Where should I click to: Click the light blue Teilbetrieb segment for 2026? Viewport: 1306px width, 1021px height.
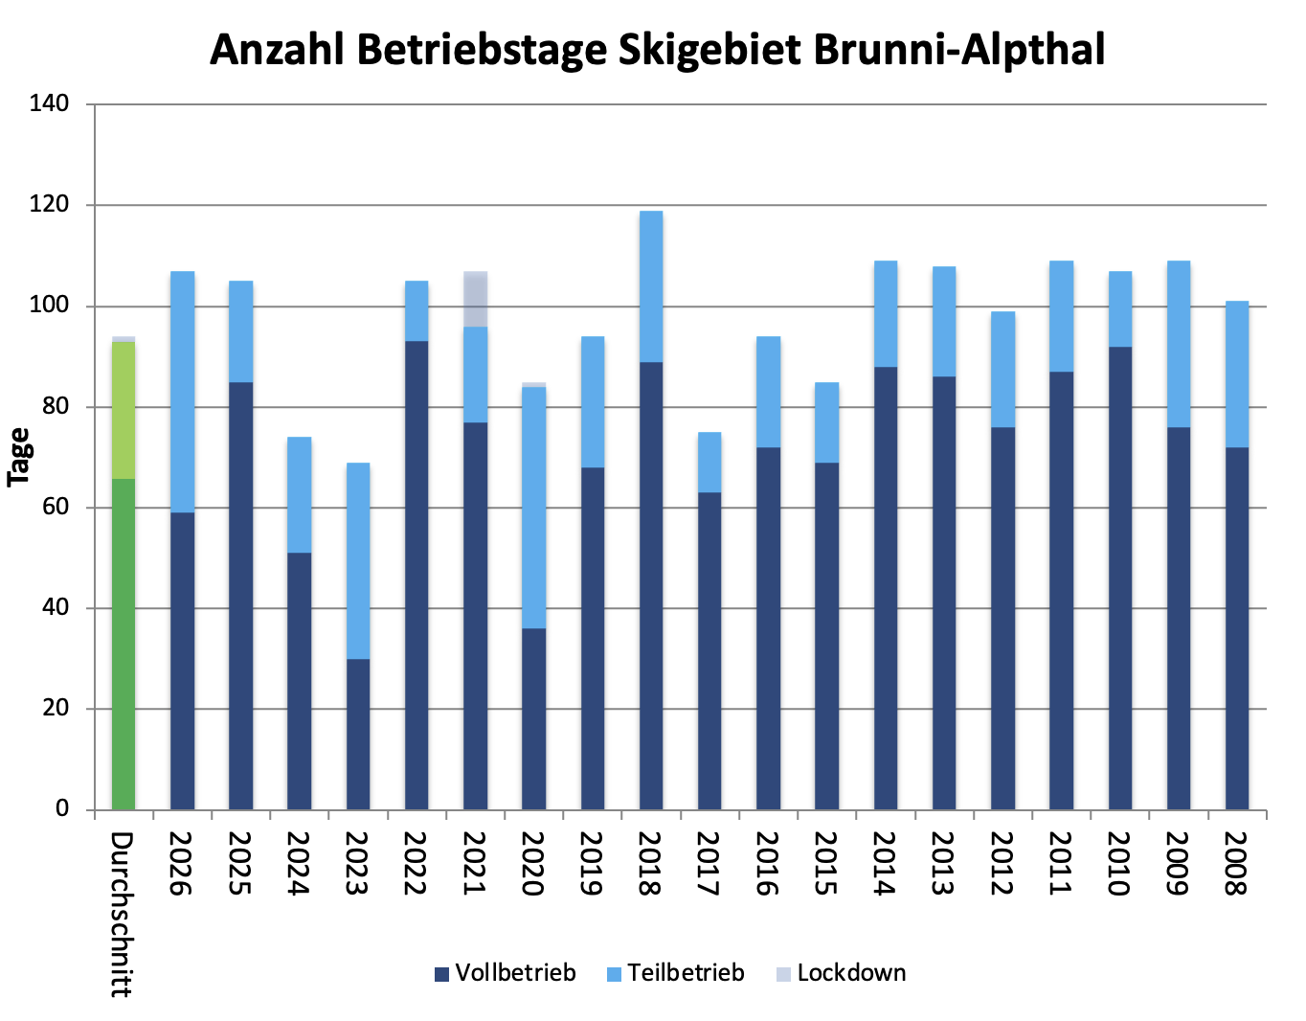[x=182, y=392]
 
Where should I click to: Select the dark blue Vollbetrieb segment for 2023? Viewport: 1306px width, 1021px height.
[x=358, y=734]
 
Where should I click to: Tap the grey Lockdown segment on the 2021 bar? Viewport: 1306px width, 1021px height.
[x=476, y=299]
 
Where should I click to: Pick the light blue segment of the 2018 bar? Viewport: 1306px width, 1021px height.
[x=651, y=286]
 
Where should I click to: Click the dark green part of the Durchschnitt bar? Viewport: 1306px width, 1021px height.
[x=124, y=644]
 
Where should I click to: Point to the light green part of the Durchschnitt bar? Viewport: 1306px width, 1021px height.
[x=124, y=410]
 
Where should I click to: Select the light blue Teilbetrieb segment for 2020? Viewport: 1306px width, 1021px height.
[x=534, y=508]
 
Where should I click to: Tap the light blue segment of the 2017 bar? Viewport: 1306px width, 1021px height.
[x=709, y=462]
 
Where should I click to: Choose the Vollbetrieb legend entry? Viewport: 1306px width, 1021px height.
[x=506, y=973]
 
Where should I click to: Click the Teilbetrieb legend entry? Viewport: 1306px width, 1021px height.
[x=676, y=973]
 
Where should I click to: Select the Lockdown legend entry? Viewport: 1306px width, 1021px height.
[x=840, y=973]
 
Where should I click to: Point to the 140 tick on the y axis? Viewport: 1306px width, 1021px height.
[x=49, y=103]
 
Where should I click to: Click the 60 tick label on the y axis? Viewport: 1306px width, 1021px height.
[x=56, y=507]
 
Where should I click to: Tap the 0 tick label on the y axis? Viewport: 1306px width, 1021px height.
[x=62, y=809]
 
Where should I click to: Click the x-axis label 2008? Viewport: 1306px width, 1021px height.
[x=1236, y=862]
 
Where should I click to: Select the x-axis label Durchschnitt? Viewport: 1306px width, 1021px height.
[x=121, y=914]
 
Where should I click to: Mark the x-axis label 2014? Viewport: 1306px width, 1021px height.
[x=885, y=862]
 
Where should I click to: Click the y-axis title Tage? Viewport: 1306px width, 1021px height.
[x=19, y=457]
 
